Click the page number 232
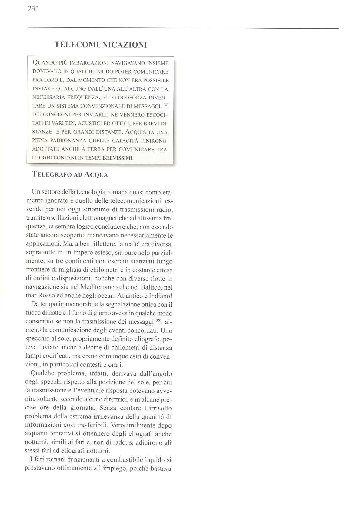coord(33,9)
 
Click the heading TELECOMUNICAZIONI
coord(101,45)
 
